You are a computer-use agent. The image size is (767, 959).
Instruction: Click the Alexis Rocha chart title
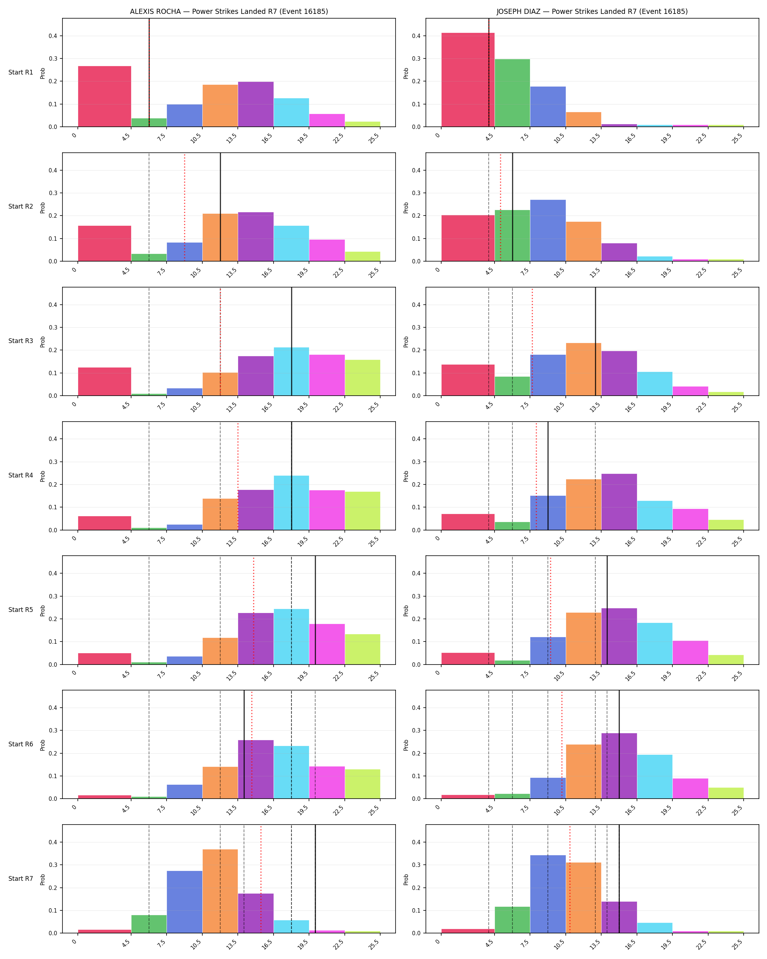point(229,12)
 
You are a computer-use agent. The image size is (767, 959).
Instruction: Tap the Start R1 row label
point(21,72)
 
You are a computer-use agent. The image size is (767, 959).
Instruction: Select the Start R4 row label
point(21,476)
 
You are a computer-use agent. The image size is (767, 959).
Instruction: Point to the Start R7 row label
point(21,879)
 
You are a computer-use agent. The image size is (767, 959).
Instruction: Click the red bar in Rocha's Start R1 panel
point(104,96)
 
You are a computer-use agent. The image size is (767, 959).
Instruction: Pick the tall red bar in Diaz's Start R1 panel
point(468,80)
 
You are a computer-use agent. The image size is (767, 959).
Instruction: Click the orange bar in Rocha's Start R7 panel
point(220,891)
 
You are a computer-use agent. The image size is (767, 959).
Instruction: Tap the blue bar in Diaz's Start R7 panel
point(548,894)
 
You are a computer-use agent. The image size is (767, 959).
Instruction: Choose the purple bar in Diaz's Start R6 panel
point(619,766)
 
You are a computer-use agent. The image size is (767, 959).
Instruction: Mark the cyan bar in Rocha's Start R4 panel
point(291,503)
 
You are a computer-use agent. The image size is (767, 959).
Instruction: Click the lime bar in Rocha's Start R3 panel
point(362,378)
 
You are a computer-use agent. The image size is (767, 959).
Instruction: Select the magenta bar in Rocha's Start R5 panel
point(327,644)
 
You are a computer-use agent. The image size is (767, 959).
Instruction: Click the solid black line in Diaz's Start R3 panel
point(595,341)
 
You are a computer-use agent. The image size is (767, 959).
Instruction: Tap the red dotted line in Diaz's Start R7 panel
point(569,879)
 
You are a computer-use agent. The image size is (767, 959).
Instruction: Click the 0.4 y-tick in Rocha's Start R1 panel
point(53,36)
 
